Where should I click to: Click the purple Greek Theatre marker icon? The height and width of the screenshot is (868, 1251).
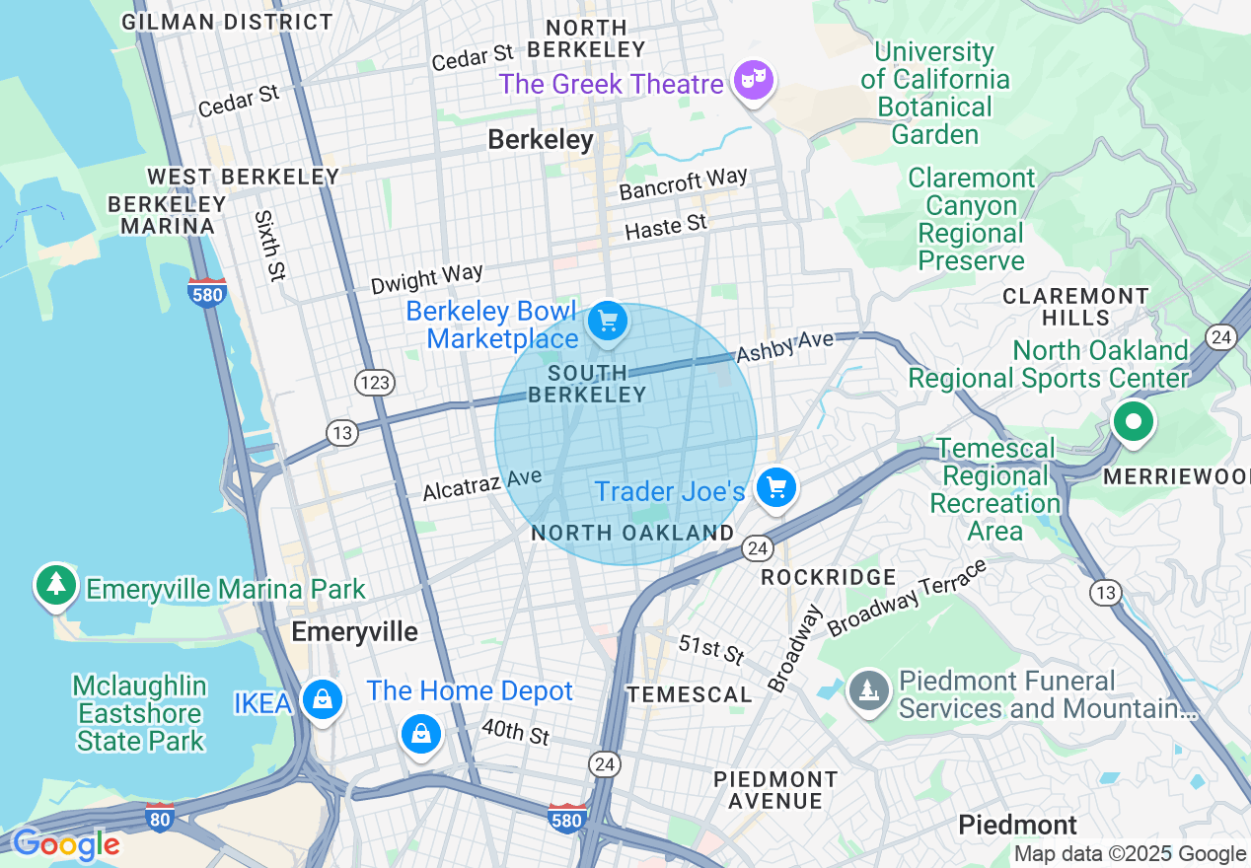point(753,80)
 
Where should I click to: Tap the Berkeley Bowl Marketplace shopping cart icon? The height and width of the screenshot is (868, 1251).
point(607,322)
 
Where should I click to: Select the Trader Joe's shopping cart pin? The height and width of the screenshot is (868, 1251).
point(776,487)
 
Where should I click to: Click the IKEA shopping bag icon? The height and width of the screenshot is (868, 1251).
point(322,700)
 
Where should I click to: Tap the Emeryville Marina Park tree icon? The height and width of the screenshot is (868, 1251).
point(56,584)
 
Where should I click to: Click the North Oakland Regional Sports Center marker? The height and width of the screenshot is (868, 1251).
point(1133,422)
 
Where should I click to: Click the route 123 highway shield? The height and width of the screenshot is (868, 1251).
point(375,383)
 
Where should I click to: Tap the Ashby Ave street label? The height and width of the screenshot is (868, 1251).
point(784,347)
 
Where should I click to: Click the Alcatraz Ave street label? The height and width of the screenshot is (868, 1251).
point(481,484)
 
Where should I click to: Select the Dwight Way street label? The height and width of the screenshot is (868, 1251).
point(426,279)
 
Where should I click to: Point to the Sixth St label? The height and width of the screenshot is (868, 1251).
point(265,246)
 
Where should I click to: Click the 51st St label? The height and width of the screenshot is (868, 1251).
point(711,649)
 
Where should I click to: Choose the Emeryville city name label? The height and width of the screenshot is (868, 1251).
point(354,632)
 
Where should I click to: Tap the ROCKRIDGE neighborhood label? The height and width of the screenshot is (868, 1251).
point(829,577)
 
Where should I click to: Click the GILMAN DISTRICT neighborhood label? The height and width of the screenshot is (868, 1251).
point(227,21)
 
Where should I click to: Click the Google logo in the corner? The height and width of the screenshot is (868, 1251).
point(65,845)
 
